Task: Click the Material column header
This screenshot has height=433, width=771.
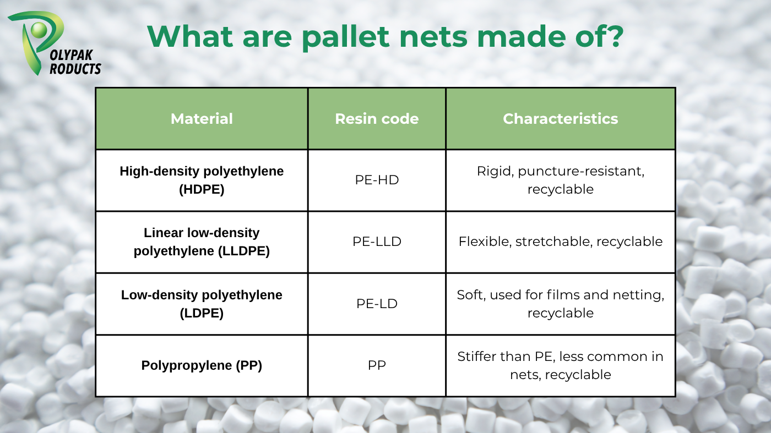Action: click(x=202, y=119)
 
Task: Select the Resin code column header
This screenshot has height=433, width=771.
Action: click(x=377, y=119)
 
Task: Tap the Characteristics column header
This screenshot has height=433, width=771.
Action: click(x=561, y=119)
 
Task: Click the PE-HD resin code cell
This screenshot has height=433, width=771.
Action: click(x=377, y=180)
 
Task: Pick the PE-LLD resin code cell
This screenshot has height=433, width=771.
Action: click(x=377, y=242)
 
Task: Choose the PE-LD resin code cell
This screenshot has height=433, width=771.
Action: click(x=377, y=304)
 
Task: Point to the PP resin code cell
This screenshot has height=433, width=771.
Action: click(x=377, y=365)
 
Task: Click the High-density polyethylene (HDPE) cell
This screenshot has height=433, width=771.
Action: click(x=202, y=180)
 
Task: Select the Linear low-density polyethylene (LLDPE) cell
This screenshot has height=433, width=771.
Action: click(x=202, y=242)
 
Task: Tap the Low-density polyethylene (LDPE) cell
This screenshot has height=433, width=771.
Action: click(x=202, y=304)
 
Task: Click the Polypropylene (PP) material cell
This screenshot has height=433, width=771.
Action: click(x=202, y=365)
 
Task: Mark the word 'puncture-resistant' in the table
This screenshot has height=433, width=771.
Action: click(x=581, y=172)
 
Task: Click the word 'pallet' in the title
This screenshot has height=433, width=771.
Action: click(x=346, y=37)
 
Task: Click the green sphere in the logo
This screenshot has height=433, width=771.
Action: click(x=39, y=30)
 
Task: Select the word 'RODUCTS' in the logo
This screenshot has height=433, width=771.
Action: click(x=75, y=69)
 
